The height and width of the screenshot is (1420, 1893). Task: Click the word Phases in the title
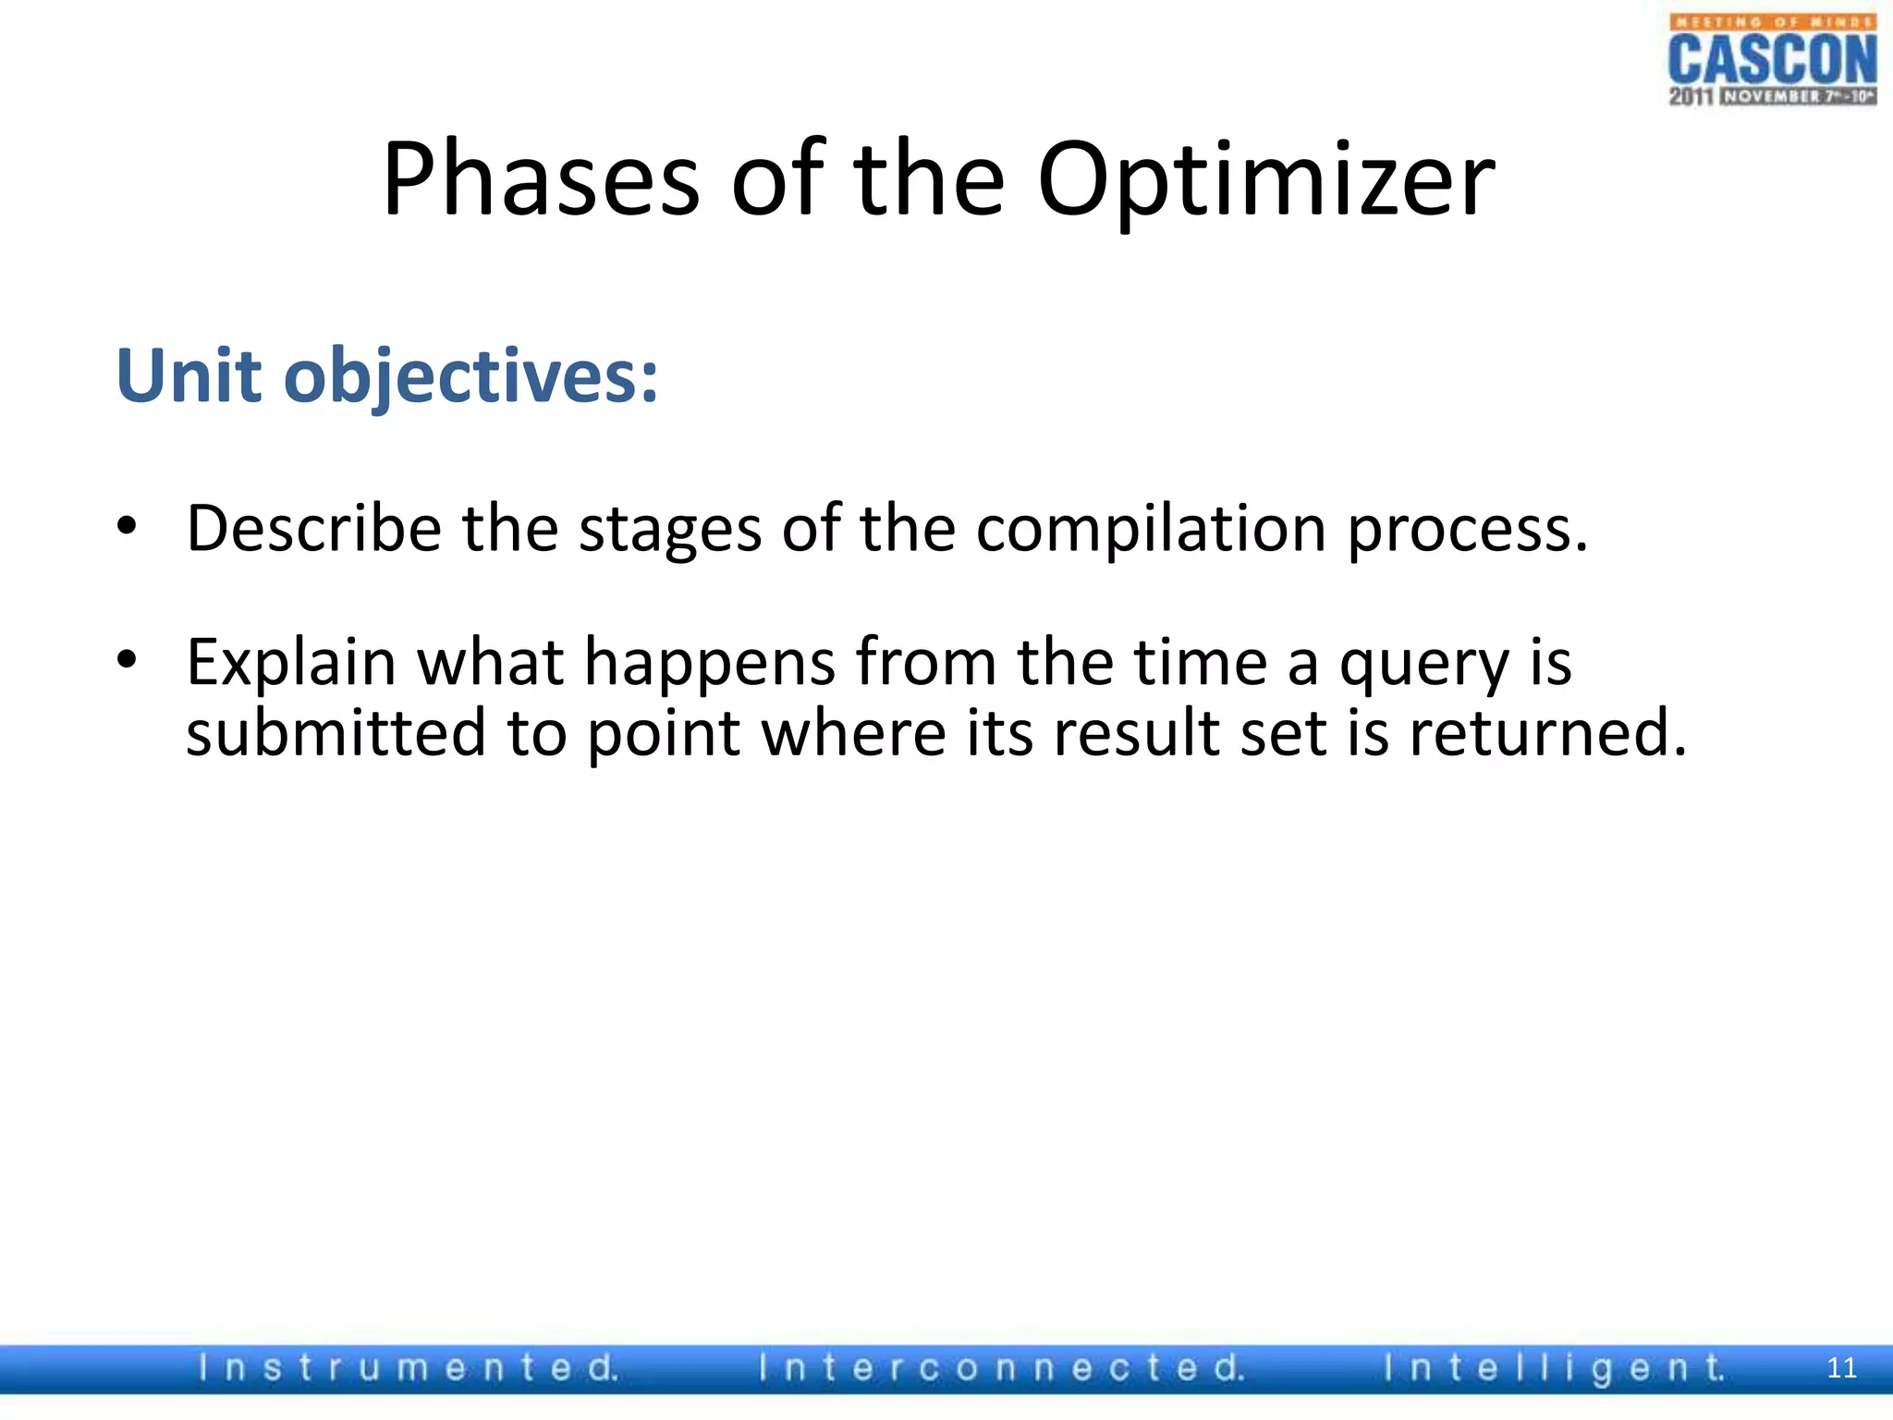pos(542,180)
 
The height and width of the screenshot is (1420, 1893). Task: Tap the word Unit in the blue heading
pos(189,376)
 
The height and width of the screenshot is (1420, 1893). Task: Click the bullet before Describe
pos(127,527)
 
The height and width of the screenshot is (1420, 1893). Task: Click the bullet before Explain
pos(127,660)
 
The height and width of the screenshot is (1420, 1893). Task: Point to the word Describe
pos(314,529)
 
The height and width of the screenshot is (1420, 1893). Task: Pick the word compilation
pos(1151,531)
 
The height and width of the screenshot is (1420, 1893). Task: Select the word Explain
pos(291,664)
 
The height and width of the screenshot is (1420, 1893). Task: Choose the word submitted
pos(336,732)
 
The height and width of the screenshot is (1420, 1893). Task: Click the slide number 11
pos(1841,1368)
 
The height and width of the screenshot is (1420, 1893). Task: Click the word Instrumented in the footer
pos(408,1368)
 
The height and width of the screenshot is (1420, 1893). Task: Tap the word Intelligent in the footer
pos(1553,1368)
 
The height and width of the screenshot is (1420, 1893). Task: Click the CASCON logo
pos(1773,60)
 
